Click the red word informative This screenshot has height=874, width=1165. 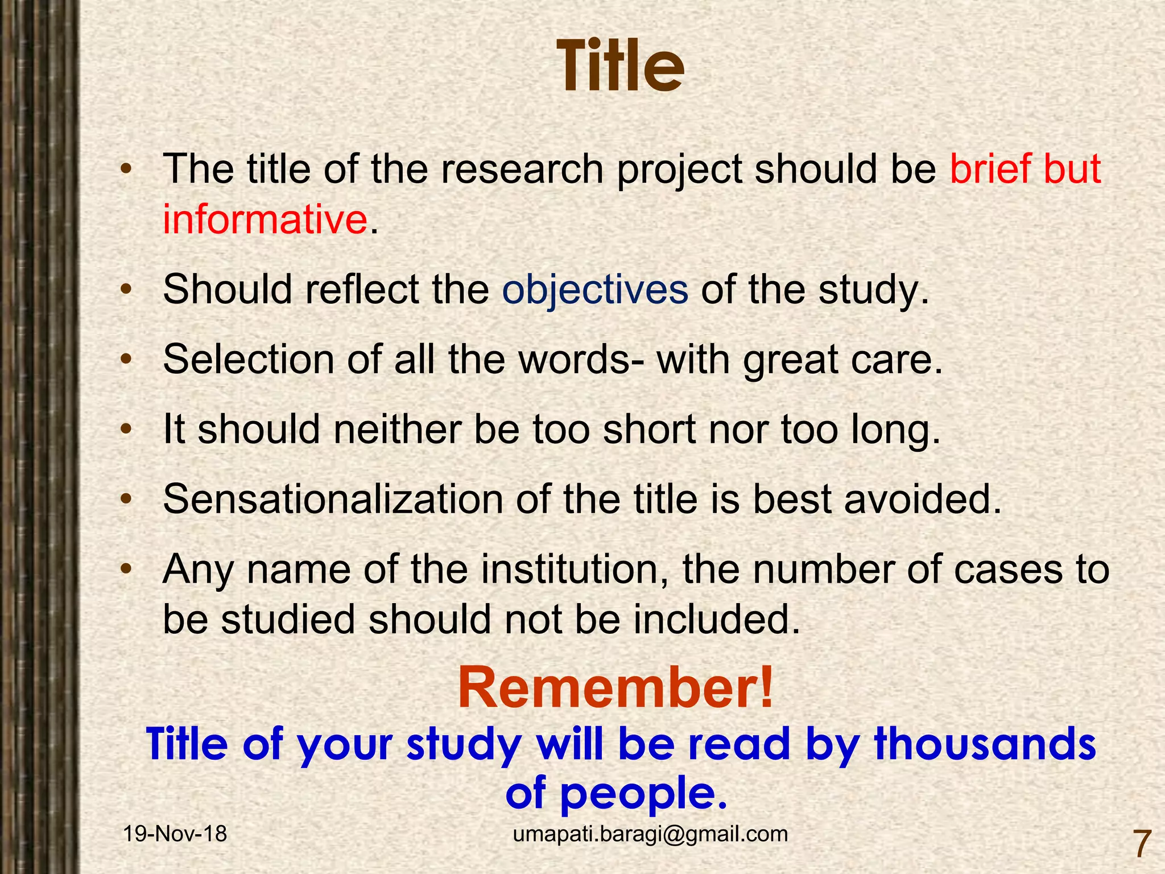(265, 219)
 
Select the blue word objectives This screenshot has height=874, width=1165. (595, 290)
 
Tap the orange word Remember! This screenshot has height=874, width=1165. (615, 689)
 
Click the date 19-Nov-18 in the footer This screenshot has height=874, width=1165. (175, 834)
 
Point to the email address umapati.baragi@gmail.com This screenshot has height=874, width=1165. (650, 834)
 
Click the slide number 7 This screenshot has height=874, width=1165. (1142, 844)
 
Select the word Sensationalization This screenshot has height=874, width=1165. (333, 500)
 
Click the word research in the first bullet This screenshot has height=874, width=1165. (522, 170)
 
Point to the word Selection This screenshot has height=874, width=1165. (249, 360)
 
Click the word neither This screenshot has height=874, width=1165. (397, 430)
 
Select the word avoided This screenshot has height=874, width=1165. (922, 500)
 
